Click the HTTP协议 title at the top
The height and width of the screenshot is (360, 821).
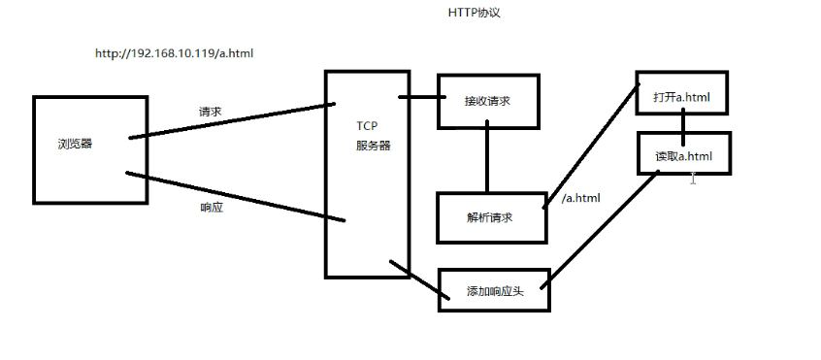click(x=474, y=14)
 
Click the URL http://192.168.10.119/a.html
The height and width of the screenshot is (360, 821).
click(x=174, y=53)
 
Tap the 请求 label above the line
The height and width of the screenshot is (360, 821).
click(x=210, y=112)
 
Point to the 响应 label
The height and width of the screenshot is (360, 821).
click(x=211, y=208)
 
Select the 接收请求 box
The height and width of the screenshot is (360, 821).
click(x=487, y=101)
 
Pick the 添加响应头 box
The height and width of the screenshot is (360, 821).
click(x=494, y=290)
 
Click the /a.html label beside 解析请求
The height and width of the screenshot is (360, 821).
click(x=580, y=198)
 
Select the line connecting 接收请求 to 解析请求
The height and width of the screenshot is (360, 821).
click(x=487, y=160)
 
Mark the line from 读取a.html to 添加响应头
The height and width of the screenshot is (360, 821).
click(x=602, y=230)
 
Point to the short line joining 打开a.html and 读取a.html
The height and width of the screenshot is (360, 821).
click(x=682, y=123)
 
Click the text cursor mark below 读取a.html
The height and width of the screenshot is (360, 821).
click(x=692, y=179)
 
